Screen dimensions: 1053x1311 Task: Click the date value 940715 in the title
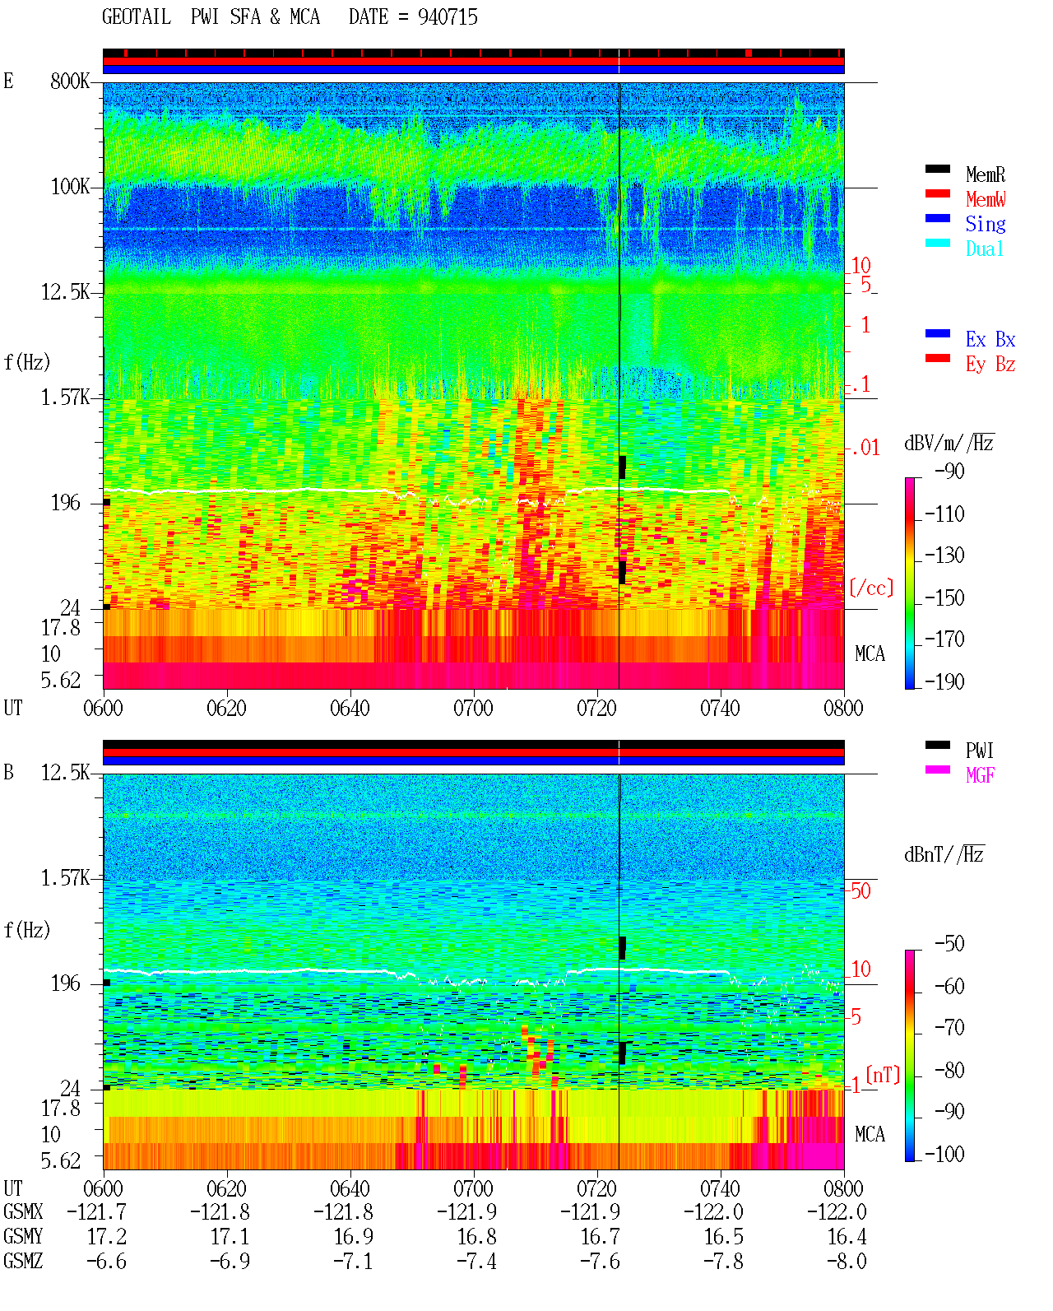(448, 17)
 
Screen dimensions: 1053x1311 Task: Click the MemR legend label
(986, 174)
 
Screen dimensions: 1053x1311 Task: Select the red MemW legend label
(986, 199)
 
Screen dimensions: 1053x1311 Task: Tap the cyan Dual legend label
(984, 249)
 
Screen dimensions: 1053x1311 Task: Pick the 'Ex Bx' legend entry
(990, 339)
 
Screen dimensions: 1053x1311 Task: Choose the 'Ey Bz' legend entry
(990, 365)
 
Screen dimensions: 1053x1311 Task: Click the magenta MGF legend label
(980, 775)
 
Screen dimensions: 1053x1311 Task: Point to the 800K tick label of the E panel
(70, 81)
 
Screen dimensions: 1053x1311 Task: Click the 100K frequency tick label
(70, 187)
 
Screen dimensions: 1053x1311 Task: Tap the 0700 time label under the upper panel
(473, 708)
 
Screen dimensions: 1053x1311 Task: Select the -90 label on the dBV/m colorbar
(949, 471)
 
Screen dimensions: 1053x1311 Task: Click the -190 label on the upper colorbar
(944, 681)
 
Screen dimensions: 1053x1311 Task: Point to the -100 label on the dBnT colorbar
(944, 1154)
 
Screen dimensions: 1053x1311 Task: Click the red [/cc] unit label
(871, 588)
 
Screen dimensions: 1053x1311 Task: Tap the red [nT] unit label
(883, 1075)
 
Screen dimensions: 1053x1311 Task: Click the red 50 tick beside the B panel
(860, 891)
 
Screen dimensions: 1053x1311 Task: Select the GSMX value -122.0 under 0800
(837, 1211)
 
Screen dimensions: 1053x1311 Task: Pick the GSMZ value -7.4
(477, 1261)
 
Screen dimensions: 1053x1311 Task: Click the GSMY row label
(23, 1236)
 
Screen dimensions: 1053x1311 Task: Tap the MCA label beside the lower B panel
(870, 1134)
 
